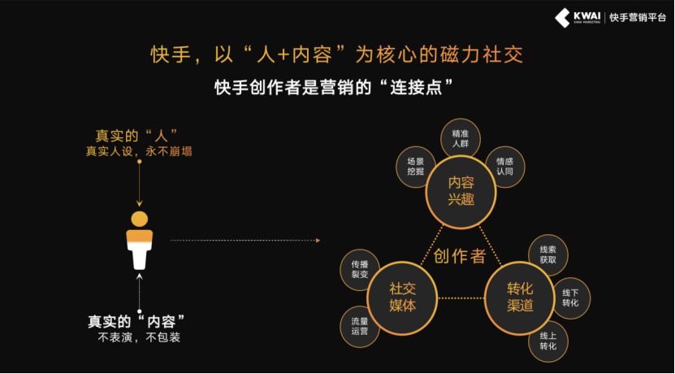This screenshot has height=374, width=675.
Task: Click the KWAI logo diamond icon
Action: tap(562, 18)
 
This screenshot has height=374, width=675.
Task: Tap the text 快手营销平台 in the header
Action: tap(638, 18)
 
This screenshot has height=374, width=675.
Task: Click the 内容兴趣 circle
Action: tap(461, 192)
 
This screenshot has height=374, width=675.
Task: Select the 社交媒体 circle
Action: tap(402, 298)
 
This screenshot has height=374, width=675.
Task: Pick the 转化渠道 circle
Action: tap(520, 298)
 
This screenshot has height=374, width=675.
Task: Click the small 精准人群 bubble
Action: tap(461, 138)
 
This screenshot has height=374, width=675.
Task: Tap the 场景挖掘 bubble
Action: tap(415, 167)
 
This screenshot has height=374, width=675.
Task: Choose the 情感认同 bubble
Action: tap(505, 167)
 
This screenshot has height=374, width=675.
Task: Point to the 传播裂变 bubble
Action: tap(360, 269)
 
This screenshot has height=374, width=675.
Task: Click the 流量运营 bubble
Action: tap(360, 327)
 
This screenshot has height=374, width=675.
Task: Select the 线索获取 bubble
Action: tap(548, 255)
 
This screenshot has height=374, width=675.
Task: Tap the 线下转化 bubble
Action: tap(570, 298)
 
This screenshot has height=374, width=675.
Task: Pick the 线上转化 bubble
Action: tap(548, 341)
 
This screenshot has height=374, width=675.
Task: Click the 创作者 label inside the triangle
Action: tap(460, 256)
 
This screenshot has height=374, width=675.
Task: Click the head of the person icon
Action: tap(139, 219)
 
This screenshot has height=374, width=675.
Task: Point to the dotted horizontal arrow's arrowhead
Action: tap(318, 241)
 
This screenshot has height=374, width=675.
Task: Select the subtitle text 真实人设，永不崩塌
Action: tap(139, 152)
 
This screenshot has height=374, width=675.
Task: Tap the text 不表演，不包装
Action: tap(139, 337)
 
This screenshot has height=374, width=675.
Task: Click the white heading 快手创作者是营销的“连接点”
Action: tap(334, 88)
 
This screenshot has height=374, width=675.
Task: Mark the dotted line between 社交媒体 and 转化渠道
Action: tap(461, 298)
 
